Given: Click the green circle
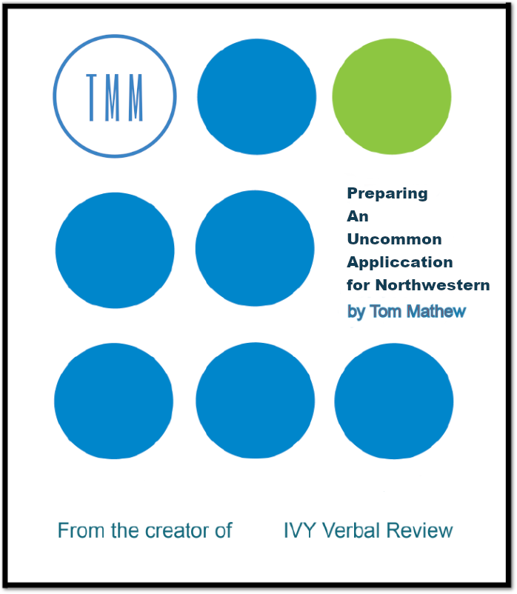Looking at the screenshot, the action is coord(392,96).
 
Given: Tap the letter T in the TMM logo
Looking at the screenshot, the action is coord(91,97).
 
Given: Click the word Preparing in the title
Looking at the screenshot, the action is coord(387,193).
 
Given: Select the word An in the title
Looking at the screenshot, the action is coord(358,216).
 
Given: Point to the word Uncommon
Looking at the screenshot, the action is coord(394,239).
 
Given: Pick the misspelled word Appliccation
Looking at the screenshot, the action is coord(399,262).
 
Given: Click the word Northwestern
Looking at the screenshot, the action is coord(433,285).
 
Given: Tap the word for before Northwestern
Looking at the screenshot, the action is coord(358,285).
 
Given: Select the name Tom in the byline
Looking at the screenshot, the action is coord(386,311).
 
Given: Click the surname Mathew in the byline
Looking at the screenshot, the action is coord(436,311).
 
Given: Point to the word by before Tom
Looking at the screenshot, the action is coord(356,312).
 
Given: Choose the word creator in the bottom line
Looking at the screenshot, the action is coord(178,531).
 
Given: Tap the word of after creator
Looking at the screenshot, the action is coord(224,530).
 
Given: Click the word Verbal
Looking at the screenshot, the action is coord(351,530).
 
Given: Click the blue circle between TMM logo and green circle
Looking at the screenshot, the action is coord(256,96).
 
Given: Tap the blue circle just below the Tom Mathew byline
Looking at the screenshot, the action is coord(393,401).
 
